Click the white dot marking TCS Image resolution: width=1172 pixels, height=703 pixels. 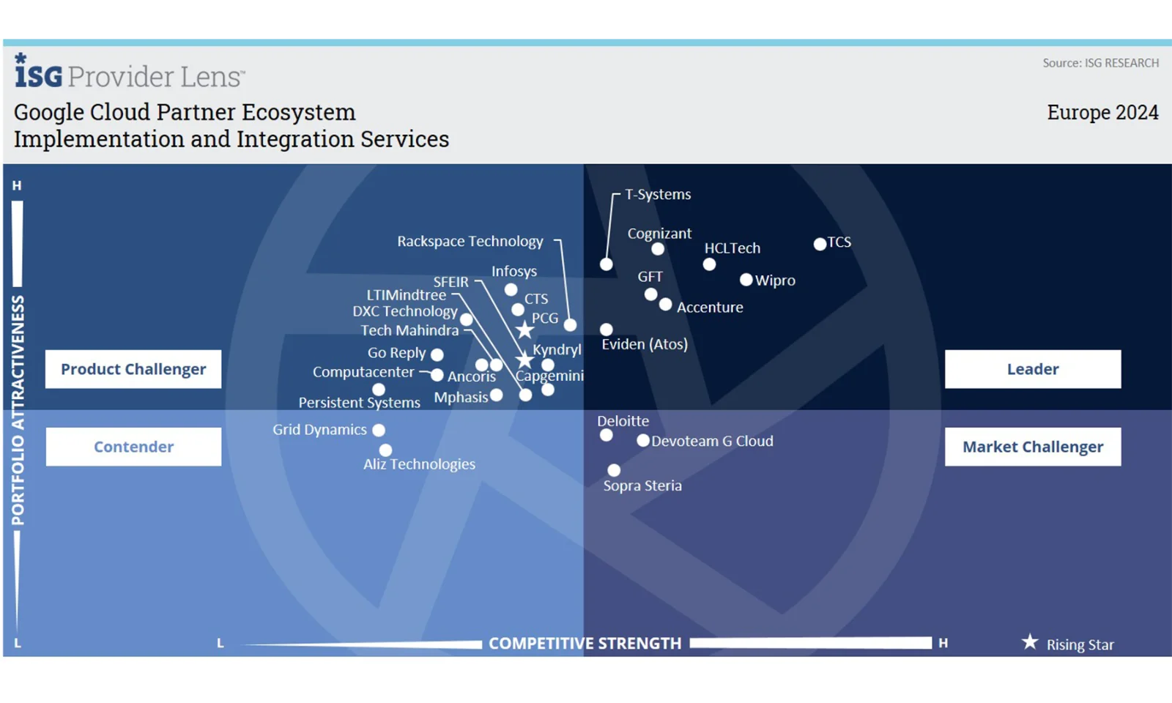tap(820, 244)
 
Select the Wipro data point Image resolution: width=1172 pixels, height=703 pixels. tap(746, 280)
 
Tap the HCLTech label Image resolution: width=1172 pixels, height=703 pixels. tap(732, 248)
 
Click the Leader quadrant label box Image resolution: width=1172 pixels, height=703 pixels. tap(1032, 369)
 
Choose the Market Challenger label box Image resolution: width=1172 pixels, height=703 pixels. tap(1032, 447)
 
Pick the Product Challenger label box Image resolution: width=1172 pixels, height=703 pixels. tap(133, 369)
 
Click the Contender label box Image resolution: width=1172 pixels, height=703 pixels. tap(133, 447)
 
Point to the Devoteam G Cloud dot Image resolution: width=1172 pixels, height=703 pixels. tap(642, 441)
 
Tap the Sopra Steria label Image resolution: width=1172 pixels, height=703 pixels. tap(642, 486)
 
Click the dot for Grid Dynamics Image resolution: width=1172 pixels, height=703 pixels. tap(378, 431)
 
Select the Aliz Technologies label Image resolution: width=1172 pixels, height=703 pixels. tap(419, 464)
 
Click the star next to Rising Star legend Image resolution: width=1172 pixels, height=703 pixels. tap(1030, 642)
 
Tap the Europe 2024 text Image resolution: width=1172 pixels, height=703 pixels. tap(1102, 113)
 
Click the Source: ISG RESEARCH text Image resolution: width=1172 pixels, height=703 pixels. tap(1100, 63)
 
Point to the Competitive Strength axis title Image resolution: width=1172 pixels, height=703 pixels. tap(585, 643)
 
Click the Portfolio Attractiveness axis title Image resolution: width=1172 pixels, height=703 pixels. tap(18, 410)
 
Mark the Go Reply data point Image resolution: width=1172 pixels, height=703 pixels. tap(437, 354)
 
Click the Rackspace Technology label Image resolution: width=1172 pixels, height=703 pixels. tap(470, 241)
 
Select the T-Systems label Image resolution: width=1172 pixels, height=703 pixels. tap(658, 194)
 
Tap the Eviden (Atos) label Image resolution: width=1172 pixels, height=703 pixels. tap(645, 344)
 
